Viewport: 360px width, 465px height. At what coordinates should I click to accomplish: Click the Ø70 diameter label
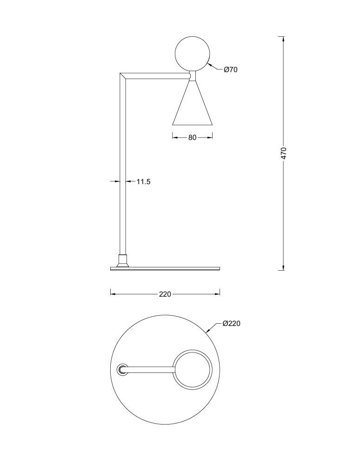tap(231, 70)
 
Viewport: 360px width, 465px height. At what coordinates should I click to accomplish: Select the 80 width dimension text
tap(193, 138)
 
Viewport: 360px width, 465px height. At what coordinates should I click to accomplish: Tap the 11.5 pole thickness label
tap(144, 181)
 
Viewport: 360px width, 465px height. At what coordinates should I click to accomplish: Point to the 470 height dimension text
tap(284, 153)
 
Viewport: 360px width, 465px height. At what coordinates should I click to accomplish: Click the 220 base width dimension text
tap(165, 294)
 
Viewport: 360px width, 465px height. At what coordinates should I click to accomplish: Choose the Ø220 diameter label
tap(231, 324)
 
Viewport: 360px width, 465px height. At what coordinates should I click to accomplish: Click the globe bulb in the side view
tap(193, 53)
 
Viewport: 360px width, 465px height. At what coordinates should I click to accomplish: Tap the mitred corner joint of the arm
tap(123, 76)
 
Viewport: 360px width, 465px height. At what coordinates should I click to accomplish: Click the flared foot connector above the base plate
tap(122, 260)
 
